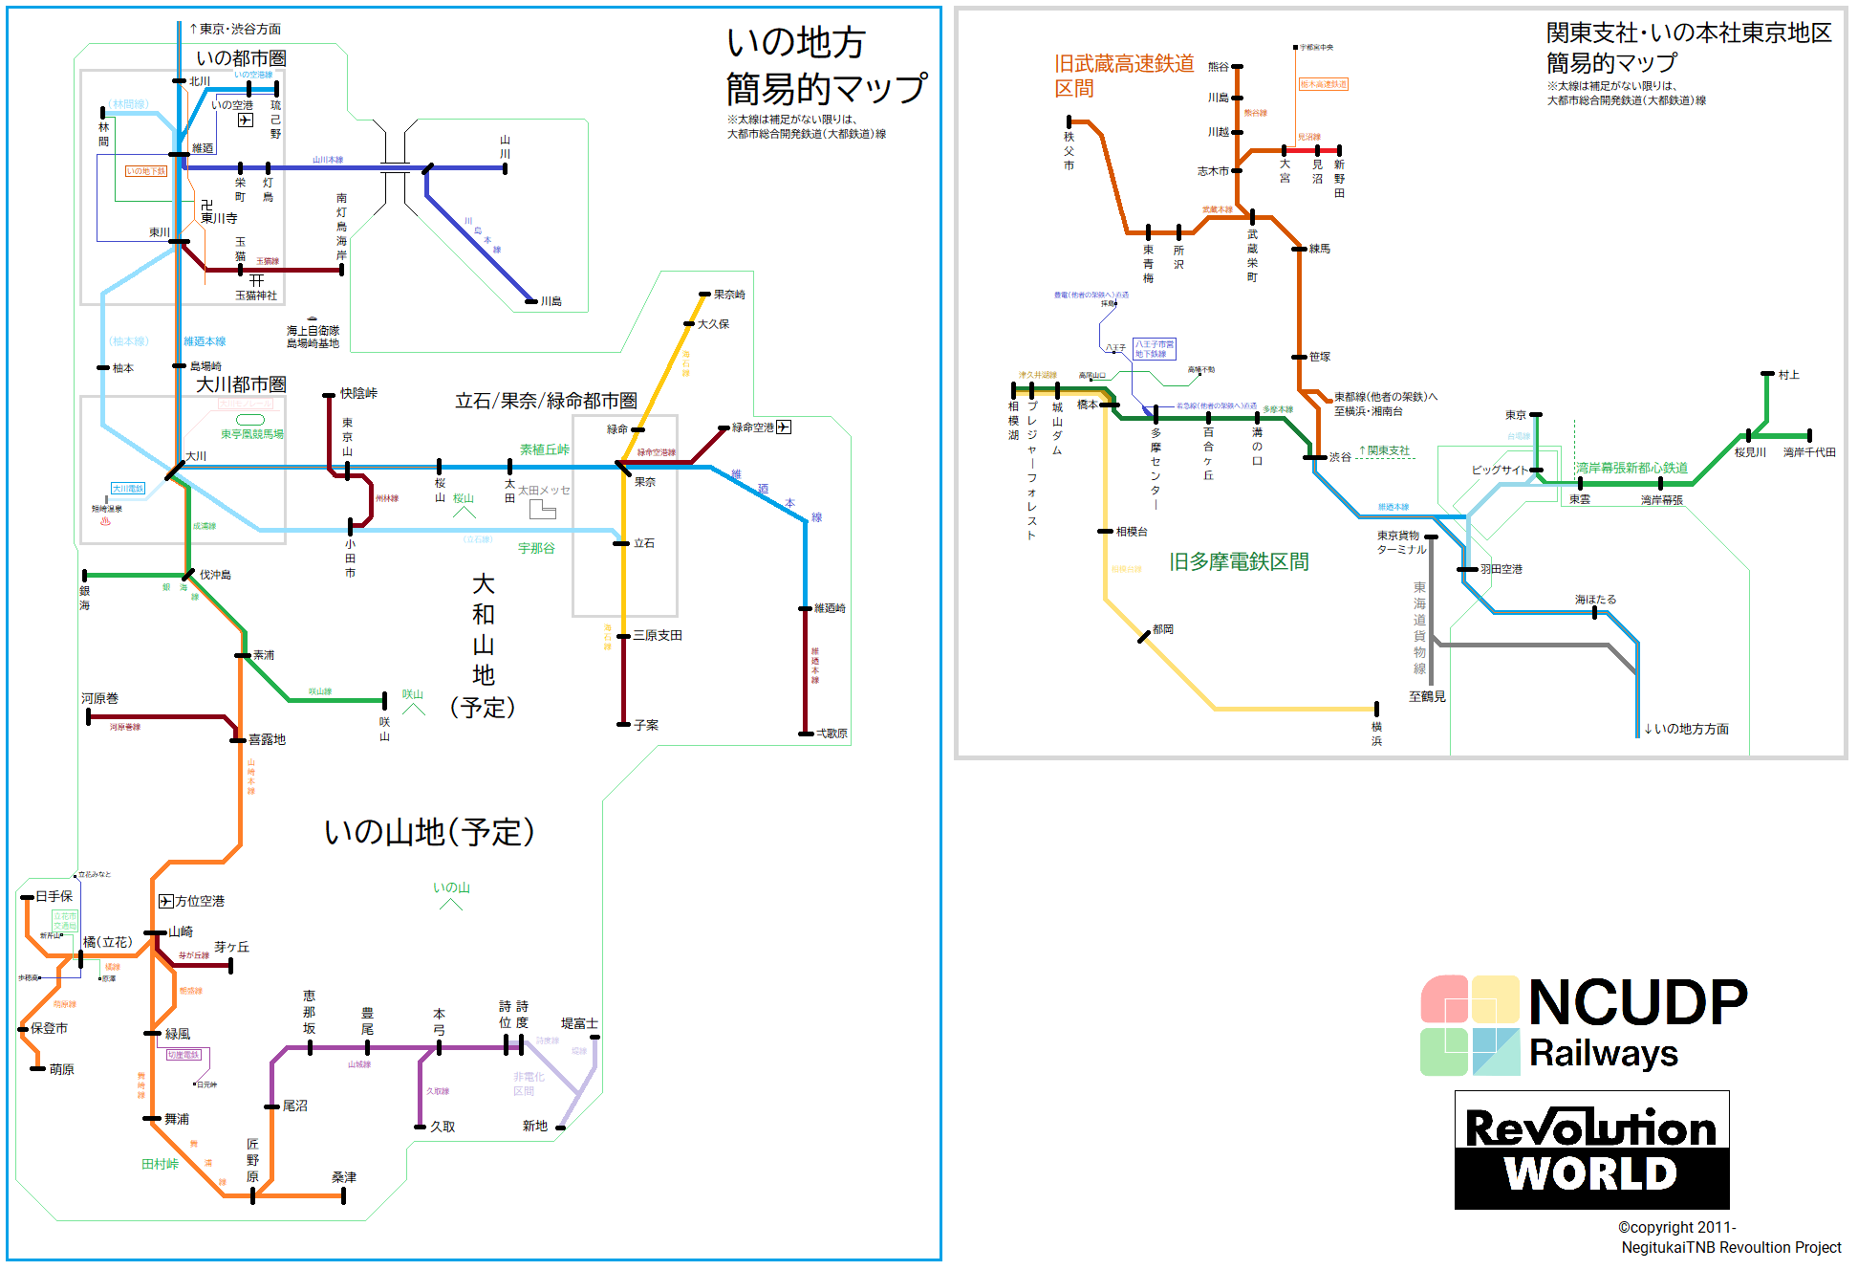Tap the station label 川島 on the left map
(551, 301)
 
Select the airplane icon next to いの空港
(246, 120)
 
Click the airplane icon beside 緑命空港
(784, 427)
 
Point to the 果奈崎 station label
(729, 295)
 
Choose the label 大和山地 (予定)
(483, 646)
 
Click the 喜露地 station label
(267, 739)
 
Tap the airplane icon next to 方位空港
(165, 901)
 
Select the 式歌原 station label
(832, 734)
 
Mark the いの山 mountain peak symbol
(451, 904)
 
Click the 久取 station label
(443, 1127)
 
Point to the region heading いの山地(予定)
(429, 832)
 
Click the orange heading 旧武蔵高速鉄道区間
(1123, 76)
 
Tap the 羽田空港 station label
(1501, 569)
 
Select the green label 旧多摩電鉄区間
(1239, 562)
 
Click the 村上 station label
(1788, 375)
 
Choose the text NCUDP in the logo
(1638, 1003)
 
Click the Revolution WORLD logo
(1591, 1150)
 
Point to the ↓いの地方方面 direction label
(1686, 729)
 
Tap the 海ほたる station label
(1595, 600)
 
